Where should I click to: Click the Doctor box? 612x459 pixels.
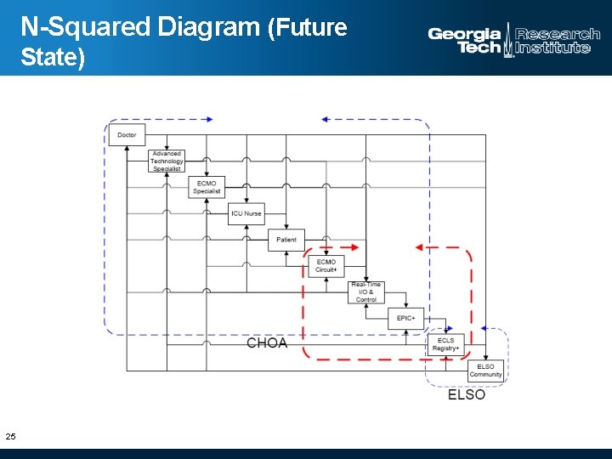[127, 134]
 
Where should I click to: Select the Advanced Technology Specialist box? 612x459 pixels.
[167, 161]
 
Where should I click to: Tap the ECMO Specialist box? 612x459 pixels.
[207, 187]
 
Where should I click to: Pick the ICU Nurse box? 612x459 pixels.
[246, 213]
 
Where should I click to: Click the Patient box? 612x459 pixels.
[286, 240]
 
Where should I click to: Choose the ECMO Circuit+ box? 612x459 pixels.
[326, 266]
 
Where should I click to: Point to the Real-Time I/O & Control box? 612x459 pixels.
[366, 292]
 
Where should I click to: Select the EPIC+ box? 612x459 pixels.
[405, 318]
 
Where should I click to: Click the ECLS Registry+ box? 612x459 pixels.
[445, 344]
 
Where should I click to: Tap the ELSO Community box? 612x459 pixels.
[485, 371]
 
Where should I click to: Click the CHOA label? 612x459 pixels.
[267, 343]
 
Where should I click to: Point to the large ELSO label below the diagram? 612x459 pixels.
[467, 394]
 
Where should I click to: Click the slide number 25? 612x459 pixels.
[10, 436]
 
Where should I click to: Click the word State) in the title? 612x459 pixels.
[53, 59]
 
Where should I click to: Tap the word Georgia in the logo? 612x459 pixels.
[464, 35]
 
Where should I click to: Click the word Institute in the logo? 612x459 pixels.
[553, 48]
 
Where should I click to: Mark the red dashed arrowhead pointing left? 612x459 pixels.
[421, 247]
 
